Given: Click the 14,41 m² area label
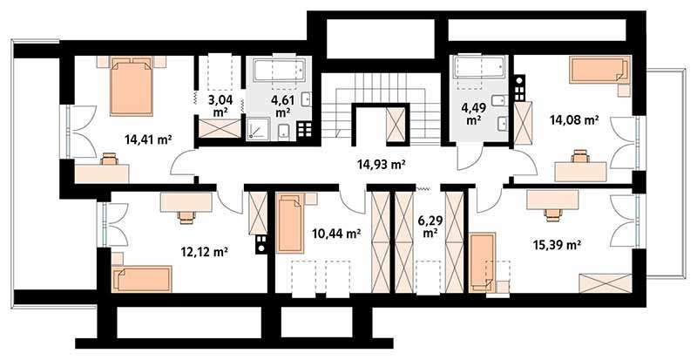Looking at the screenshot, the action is tap(148, 140).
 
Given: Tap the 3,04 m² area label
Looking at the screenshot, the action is tap(220, 105).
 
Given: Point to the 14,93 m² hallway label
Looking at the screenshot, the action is tap(381, 165).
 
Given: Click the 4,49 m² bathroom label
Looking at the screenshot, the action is tap(473, 113).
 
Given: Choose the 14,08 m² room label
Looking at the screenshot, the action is tap(574, 119).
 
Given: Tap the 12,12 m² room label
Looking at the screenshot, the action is tap(205, 252).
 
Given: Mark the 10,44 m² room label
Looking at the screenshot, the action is tap(336, 233).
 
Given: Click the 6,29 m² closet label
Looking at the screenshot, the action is tap(429, 226).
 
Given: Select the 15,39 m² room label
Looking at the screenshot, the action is tap(557, 245).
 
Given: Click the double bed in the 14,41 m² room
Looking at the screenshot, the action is tap(132, 86).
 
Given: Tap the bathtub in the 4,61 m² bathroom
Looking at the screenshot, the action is tap(280, 71).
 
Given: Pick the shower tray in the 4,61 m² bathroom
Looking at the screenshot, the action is tap(257, 130).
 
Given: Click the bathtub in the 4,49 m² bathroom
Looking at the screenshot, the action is tap(478, 67).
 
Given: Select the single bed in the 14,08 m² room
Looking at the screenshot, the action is tap(599, 70).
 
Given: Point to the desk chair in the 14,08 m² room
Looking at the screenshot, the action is tap(579, 156).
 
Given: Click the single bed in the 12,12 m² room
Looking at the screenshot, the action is tap(142, 279).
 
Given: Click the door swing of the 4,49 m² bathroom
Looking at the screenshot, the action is tap(470, 158).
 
